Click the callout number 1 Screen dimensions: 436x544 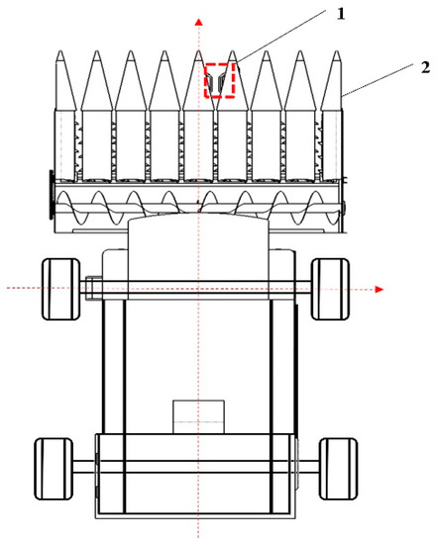coord(341,14)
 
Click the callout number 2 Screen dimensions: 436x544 coord(425,67)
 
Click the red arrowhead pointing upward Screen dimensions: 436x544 coord(198,22)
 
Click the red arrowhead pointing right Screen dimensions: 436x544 coord(379,290)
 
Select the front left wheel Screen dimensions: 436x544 coord(60,289)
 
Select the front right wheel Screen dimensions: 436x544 coord(330,289)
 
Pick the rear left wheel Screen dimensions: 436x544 coord(54,469)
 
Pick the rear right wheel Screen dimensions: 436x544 coord(338,469)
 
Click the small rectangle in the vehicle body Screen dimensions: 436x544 coord(198,416)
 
